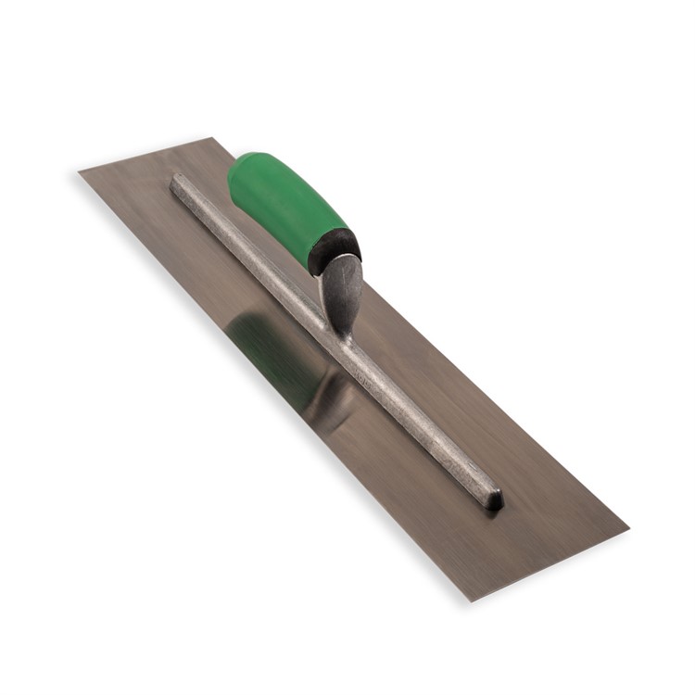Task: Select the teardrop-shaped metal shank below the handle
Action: pos(342,292)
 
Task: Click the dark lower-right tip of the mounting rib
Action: pos(495,500)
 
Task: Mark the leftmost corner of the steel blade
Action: pos(81,172)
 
